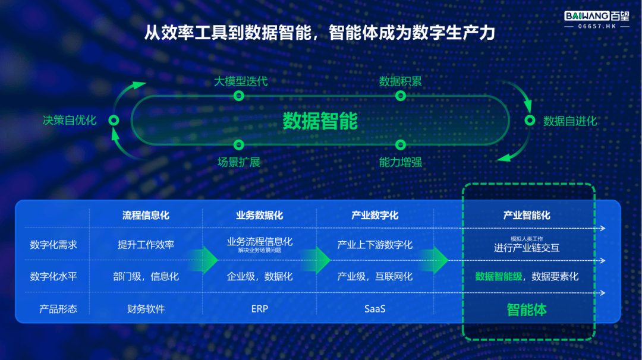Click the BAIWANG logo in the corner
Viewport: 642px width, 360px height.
click(597, 16)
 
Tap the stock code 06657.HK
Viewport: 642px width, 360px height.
click(597, 26)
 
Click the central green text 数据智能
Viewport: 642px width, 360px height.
click(320, 121)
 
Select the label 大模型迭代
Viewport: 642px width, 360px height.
click(241, 81)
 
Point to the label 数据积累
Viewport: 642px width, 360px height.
click(401, 81)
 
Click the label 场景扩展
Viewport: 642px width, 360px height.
click(239, 162)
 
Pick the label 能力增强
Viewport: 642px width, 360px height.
click(401, 162)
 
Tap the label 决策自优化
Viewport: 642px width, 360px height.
click(70, 120)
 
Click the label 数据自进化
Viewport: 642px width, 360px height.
click(570, 121)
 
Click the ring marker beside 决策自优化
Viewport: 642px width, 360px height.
click(114, 120)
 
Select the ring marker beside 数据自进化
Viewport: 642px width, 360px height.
click(530, 120)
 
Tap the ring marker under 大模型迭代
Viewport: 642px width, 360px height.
click(239, 96)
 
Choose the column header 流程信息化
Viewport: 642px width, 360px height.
click(146, 215)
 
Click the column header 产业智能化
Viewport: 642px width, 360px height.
click(527, 215)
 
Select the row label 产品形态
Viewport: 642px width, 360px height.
click(58, 309)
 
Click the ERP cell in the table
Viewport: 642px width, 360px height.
click(260, 309)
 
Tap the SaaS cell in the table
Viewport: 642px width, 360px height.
click(374, 309)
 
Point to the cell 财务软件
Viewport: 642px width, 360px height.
click(146, 309)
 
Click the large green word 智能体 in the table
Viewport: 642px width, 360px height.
click(527, 310)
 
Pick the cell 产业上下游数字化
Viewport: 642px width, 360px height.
click(374, 245)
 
